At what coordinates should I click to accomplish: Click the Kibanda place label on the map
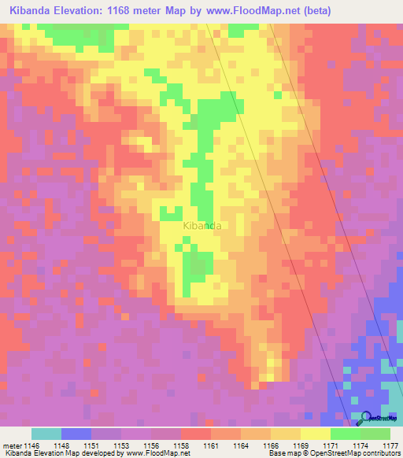(201, 226)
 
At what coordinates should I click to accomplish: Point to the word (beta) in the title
(312, 10)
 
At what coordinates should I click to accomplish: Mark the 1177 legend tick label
(390, 445)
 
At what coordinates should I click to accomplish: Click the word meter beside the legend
(12, 445)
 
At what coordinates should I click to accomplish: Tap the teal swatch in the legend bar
(46, 434)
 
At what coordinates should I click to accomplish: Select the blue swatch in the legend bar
(76, 434)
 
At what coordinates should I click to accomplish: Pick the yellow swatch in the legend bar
(316, 434)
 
